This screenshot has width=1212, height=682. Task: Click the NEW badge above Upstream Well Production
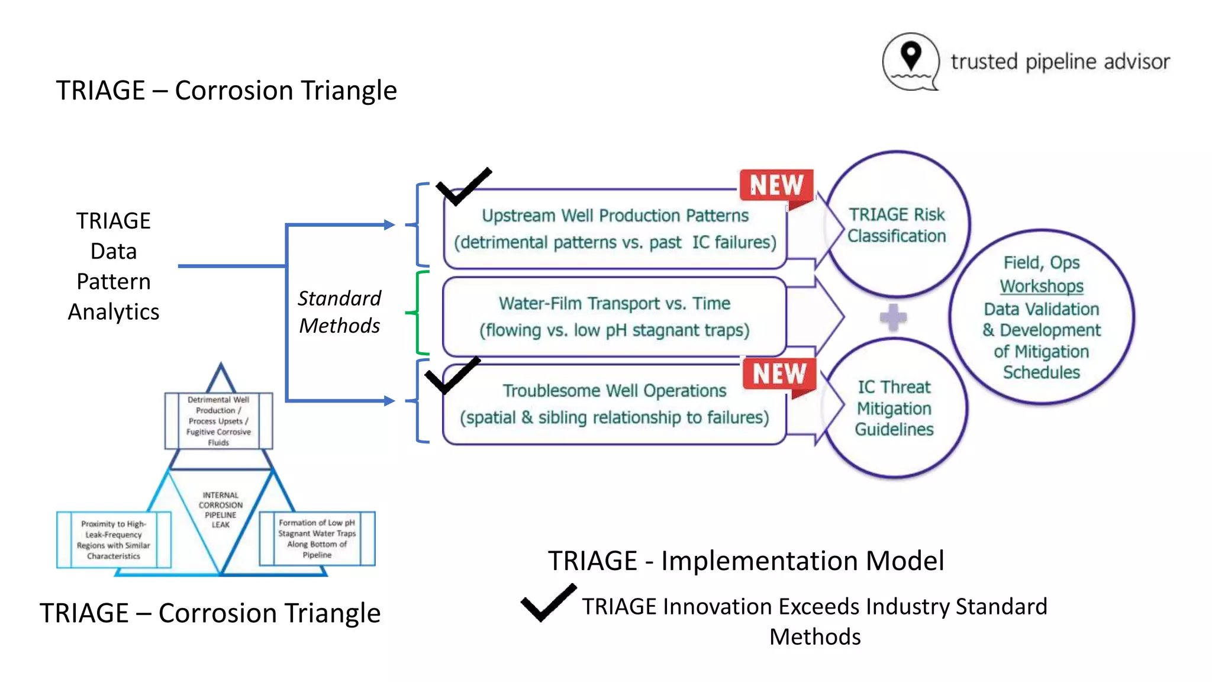point(776,185)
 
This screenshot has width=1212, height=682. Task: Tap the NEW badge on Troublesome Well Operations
point(779,374)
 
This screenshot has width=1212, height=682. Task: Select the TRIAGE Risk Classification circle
point(897,225)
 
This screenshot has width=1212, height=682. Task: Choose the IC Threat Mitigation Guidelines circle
point(894,408)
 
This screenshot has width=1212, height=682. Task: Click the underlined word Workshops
point(1042,286)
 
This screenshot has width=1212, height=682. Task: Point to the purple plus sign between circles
point(893,318)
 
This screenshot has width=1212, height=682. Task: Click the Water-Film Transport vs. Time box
point(614,316)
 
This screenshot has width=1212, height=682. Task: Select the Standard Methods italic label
point(339,312)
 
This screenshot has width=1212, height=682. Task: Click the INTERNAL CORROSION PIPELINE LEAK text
point(221,510)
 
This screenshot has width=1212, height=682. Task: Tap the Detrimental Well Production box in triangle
point(218,421)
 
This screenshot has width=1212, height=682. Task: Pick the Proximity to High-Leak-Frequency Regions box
point(114,540)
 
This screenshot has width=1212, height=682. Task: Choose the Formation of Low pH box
point(317,539)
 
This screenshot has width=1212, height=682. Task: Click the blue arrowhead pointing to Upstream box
point(389,225)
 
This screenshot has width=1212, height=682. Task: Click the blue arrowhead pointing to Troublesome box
point(389,401)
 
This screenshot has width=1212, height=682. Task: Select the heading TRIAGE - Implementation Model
point(746,561)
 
